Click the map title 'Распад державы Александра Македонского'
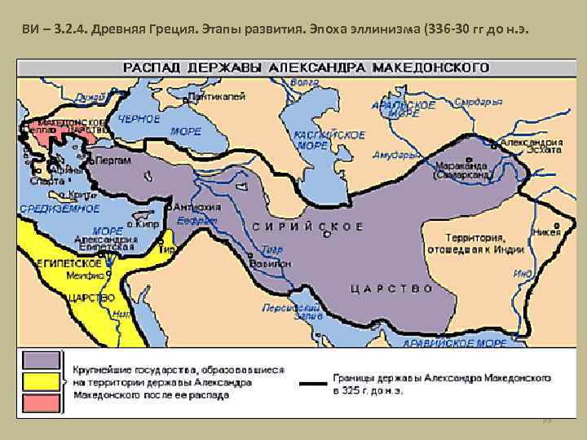[x=305, y=66]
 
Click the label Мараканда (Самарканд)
[x=461, y=169]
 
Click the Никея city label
[x=543, y=231]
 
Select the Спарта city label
[x=46, y=181]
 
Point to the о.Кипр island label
[x=144, y=222]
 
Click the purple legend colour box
[x=41, y=360]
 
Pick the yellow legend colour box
[x=41, y=381]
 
